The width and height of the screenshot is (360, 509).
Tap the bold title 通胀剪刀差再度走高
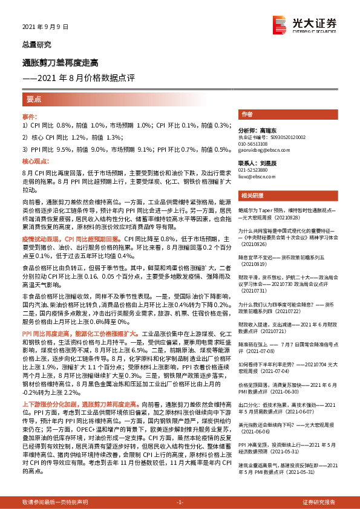click(x=60, y=62)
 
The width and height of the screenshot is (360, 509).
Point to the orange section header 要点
click(x=34, y=100)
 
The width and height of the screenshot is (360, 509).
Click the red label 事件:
click(x=30, y=115)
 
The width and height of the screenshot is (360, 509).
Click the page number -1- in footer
click(x=180, y=502)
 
